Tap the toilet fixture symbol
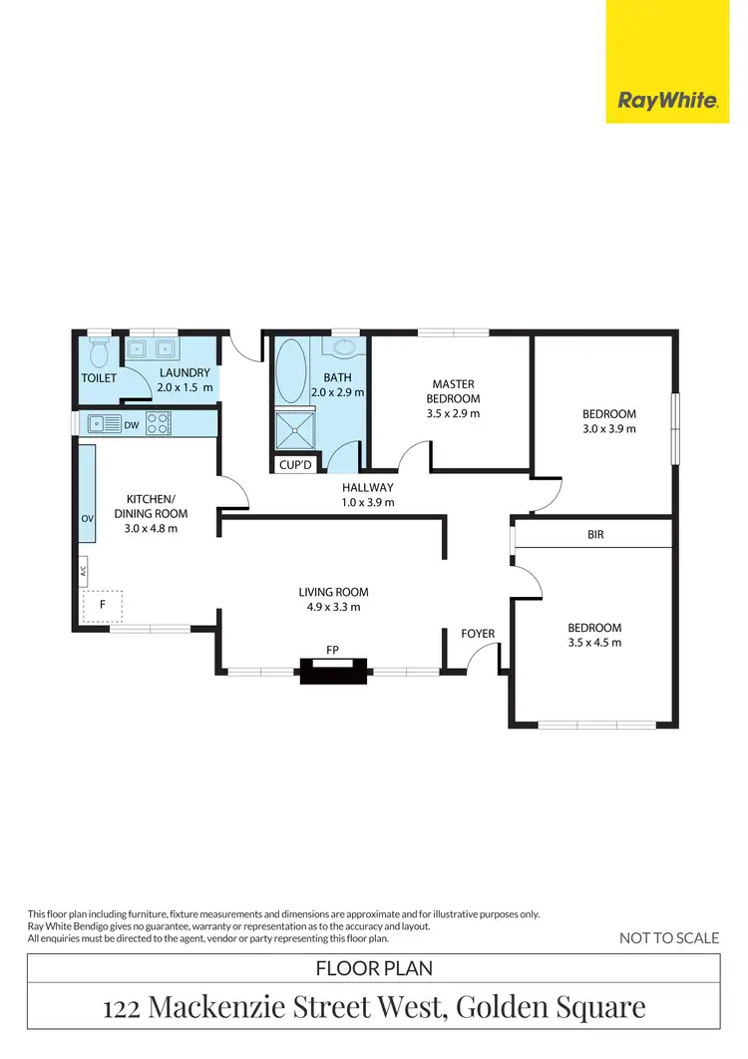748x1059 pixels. coord(99,352)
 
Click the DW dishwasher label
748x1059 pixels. coord(132,425)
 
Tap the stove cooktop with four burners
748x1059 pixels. coord(159,424)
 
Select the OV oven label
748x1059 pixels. coord(86,519)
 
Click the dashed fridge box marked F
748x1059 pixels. coord(102,605)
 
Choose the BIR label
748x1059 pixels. coord(596,535)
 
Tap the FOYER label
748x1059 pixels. coord(478,634)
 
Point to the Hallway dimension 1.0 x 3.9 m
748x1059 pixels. coord(368,502)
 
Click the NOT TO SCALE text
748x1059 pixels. coord(668,937)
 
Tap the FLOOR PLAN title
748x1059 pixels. coord(373,968)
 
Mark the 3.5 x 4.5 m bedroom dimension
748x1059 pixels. coord(594,642)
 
